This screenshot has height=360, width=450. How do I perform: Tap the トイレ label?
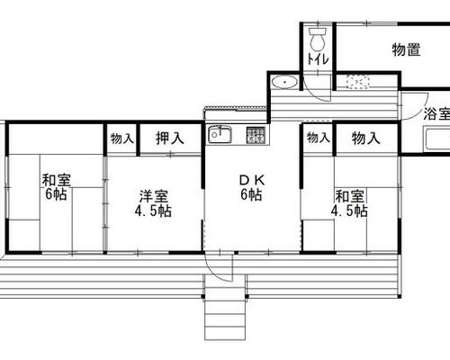tap(318, 59)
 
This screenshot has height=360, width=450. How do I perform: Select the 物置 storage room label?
tap(406, 49)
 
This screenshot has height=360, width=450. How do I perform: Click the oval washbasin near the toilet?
tap(284, 82)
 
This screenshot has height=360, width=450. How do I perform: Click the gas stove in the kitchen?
tap(256, 134)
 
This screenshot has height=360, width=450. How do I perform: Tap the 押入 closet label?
tap(169, 139)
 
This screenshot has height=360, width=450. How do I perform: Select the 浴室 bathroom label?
tap(436, 113)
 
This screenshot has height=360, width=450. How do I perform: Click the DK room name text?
tap(252, 180)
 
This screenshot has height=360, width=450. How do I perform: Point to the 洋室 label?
tap(154, 196)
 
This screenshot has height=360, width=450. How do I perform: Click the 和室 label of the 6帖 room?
tap(57, 180)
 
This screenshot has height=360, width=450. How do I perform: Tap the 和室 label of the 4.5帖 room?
tap(350, 196)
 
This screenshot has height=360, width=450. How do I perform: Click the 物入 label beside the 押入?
tap(121, 139)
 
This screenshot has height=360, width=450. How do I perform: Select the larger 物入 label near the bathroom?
tap(366, 139)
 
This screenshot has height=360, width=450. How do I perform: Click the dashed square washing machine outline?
tap(357, 82)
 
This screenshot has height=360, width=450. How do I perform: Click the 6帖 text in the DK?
tap(251, 195)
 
